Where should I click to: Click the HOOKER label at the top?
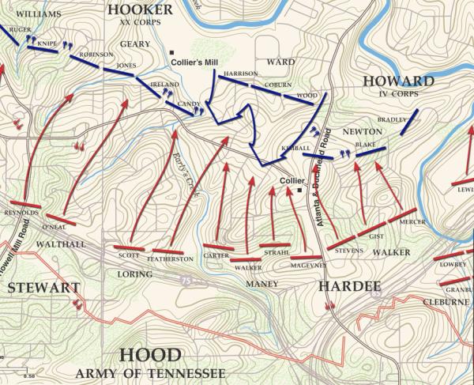(140, 9)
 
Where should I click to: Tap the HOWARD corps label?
(397, 82)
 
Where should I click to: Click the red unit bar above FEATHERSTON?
(167, 251)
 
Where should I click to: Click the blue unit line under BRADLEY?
(408, 123)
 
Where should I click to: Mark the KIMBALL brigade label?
(295, 149)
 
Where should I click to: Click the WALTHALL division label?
(61, 245)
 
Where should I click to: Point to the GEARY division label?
(136, 45)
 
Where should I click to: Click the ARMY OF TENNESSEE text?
(151, 373)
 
